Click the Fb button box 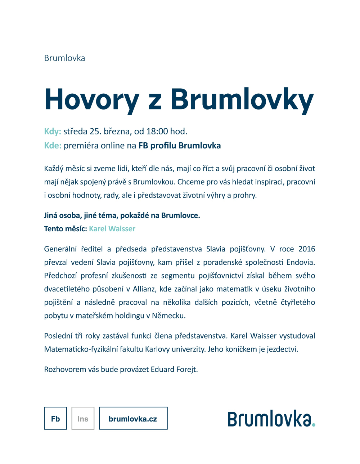pos(55,418)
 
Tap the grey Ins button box pos(83,418)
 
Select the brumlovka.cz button pos(133,418)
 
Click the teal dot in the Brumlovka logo pos(314,425)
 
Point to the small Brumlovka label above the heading pos(64,58)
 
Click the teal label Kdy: pos(53,131)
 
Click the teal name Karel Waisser pos(112,229)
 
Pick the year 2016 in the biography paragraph pos(307,249)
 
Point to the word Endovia pos(301,262)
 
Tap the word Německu pos(168,316)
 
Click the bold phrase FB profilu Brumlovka pos(180,146)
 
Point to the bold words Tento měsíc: pos(66,229)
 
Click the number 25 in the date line pos(94,131)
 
